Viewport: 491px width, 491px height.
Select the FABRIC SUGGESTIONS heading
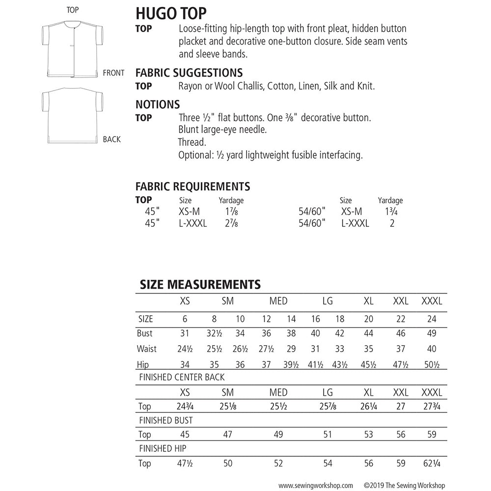(x=189, y=73)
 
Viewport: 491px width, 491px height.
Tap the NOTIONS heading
(x=158, y=104)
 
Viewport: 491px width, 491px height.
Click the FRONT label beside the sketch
(x=113, y=73)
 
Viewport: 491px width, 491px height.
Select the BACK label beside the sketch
(x=111, y=139)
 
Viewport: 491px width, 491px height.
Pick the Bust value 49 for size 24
(x=432, y=333)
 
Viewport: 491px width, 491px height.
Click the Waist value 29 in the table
(x=291, y=349)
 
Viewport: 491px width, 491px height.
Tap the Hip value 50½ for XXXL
(x=432, y=365)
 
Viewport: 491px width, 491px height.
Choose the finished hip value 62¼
(x=432, y=463)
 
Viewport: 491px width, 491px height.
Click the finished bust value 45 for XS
(x=185, y=435)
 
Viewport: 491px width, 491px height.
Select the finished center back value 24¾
(x=185, y=407)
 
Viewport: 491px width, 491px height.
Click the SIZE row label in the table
(x=146, y=319)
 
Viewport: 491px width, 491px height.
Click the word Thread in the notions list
(x=191, y=142)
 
